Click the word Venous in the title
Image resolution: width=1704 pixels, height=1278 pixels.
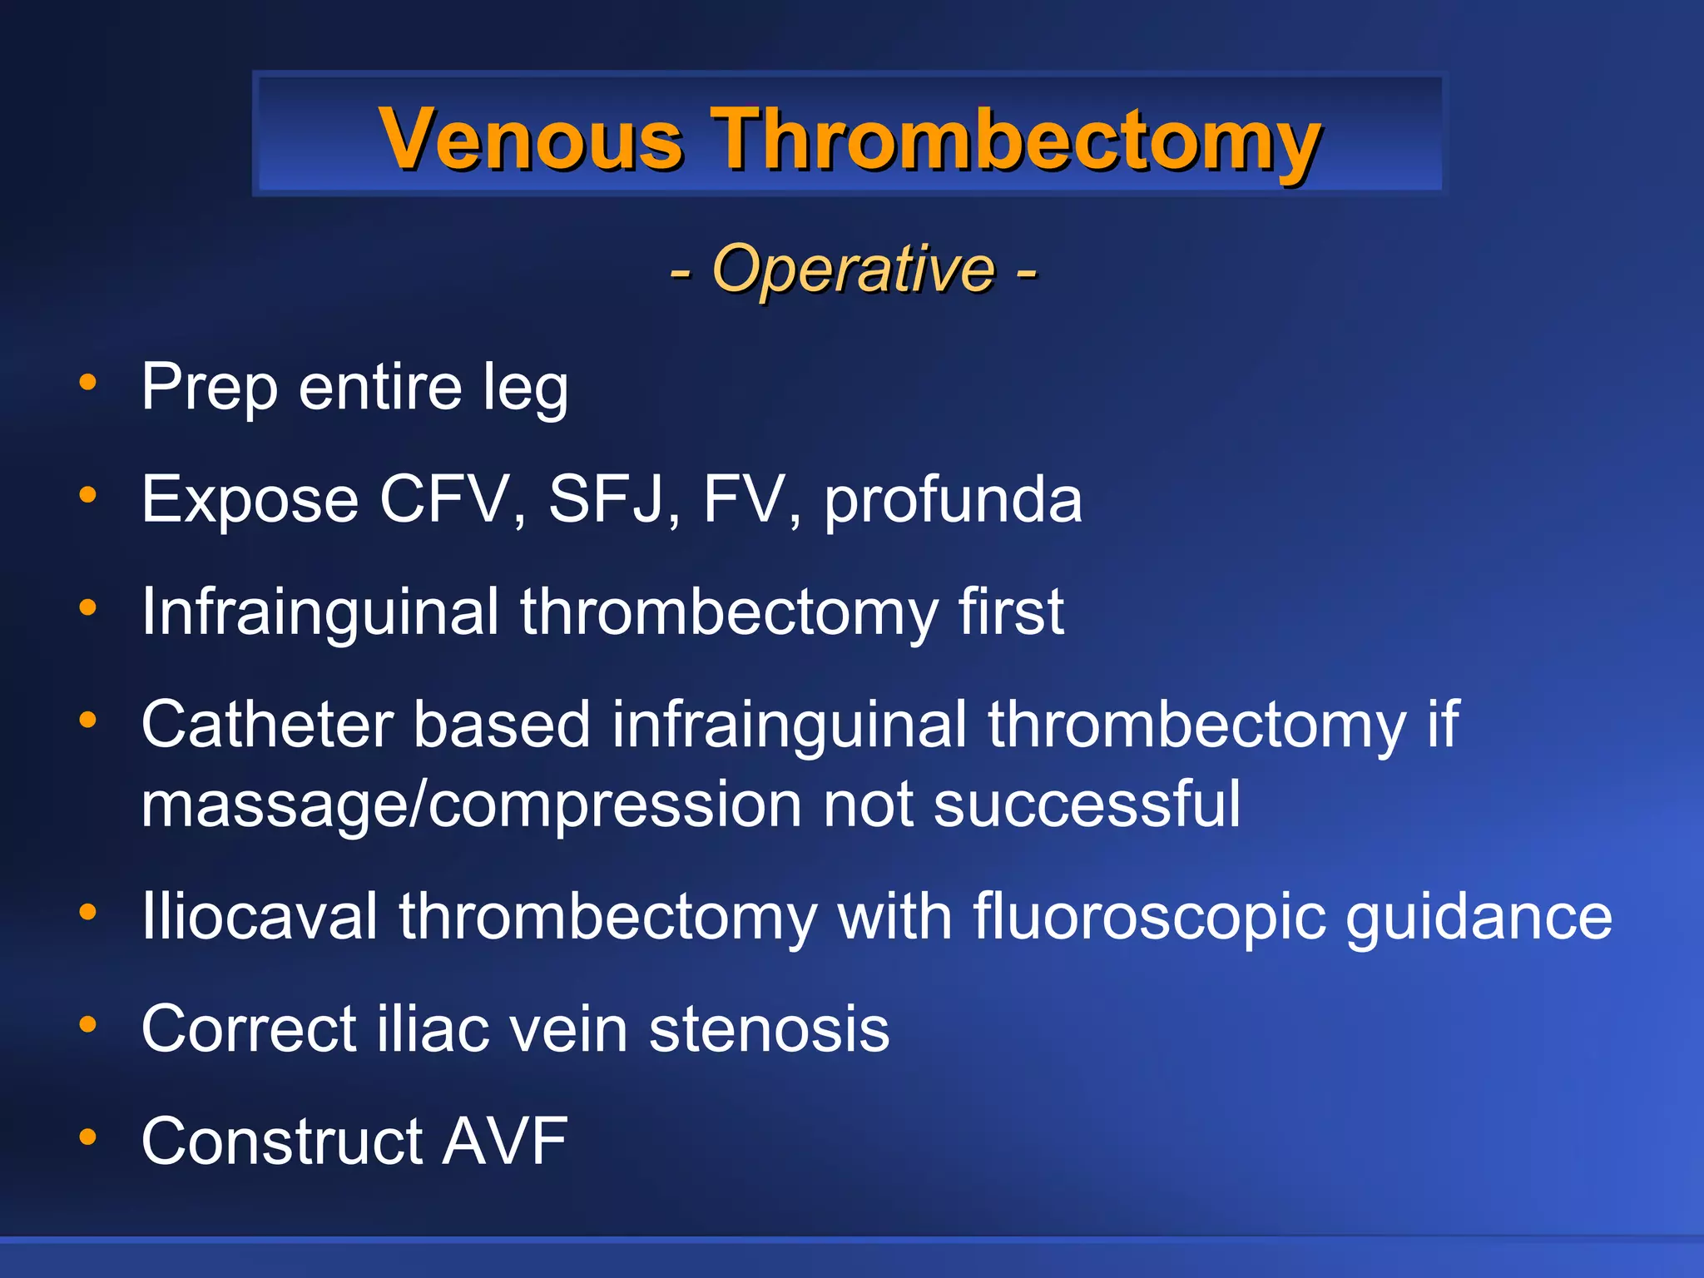(x=530, y=139)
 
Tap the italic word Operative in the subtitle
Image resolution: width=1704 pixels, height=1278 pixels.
(x=854, y=269)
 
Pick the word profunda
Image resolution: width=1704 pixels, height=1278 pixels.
(x=953, y=502)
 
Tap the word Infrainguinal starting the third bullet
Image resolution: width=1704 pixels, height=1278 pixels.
(x=320, y=613)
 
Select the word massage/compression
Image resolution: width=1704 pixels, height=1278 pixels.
(x=471, y=805)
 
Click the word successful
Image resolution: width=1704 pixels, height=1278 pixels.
(x=1087, y=804)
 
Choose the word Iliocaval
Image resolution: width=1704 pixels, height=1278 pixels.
(x=259, y=916)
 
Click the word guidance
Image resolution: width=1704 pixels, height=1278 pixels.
(x=1479, y=918)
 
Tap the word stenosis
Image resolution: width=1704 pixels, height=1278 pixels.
(x=769, y=1029)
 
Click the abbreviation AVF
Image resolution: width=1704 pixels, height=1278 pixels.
(x=504, y=1141)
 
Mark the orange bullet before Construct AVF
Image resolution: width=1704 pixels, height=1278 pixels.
(x=87, y=1136)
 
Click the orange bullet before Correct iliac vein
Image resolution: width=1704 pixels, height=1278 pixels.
(x=87, y=1024)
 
